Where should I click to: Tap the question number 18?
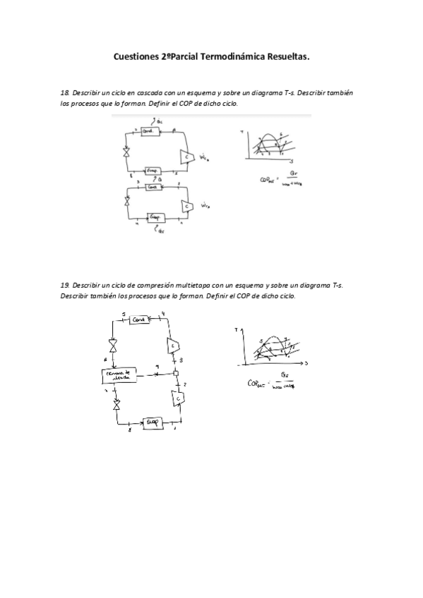tap(65, 93)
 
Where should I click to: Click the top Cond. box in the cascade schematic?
tap(149, 132)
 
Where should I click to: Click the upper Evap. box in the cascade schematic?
tap(152, 171)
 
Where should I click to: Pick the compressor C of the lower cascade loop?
tap(188, 205)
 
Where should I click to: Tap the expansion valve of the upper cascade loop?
tap(126, 152)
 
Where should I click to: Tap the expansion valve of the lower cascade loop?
tap(127, 201)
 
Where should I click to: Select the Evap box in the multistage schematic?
tap(152, 422)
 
